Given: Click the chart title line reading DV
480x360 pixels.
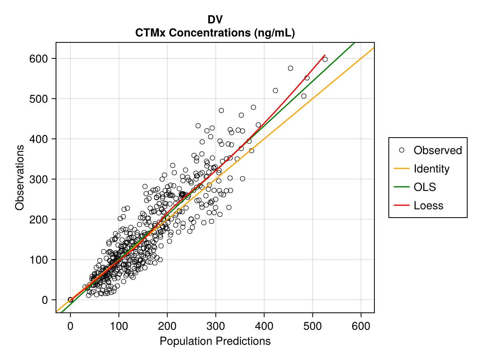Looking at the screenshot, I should pos(215,20).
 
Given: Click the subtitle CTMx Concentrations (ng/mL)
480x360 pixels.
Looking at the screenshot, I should pos(215,33).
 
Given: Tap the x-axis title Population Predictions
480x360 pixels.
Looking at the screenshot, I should pos(215,341).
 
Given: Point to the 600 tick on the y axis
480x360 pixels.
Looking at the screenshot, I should pos(39,59).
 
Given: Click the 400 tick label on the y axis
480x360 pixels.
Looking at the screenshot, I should pos(39,139).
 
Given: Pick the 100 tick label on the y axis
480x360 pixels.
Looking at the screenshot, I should pos(39,260).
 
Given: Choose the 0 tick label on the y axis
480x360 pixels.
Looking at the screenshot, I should pos(45,300).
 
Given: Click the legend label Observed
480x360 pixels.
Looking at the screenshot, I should pos(438,150).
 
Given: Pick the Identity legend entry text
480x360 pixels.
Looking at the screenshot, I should pos(432,169).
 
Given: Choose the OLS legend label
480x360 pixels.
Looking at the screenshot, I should pos(425,187).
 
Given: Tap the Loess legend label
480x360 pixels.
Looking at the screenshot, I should pos(428,206).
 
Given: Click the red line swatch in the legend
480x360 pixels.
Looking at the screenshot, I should pos(402,206).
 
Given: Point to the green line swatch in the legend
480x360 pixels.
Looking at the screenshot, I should pos(402,187).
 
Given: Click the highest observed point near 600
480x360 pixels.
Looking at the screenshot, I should pos(325,59).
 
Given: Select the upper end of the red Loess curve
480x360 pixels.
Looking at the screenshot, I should pos(324,55).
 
